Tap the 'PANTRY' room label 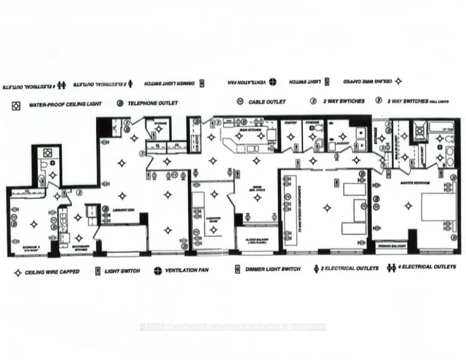point(291,123)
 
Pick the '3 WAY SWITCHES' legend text point(416,101)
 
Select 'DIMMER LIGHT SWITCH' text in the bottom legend point(272,269)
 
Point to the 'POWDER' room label point(313,123)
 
